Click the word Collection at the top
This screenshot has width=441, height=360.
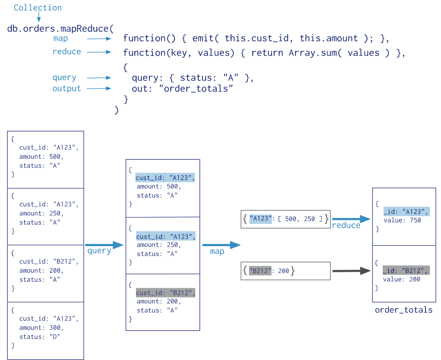coord(38,8)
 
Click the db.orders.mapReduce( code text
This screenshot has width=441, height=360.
coord(60,29)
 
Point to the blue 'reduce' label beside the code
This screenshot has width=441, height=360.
coord(67,52)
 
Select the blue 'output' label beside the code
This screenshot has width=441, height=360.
coord(67,89)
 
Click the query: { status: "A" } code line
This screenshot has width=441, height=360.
coord(193,78)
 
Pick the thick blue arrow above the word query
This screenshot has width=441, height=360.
coord(104,245)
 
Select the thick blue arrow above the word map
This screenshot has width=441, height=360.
coord(221,245)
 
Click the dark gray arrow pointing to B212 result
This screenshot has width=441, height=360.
coord(351,271)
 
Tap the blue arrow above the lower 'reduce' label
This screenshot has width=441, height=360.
coord(351,219)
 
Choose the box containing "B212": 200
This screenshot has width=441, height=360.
coord(286,271)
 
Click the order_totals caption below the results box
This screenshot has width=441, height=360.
coord(403,310)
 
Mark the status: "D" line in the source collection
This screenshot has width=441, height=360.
coord(40,336)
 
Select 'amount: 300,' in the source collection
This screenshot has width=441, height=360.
coord(41,327)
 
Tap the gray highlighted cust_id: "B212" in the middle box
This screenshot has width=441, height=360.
coord(165,293)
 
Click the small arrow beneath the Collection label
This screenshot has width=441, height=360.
coord(39,18)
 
